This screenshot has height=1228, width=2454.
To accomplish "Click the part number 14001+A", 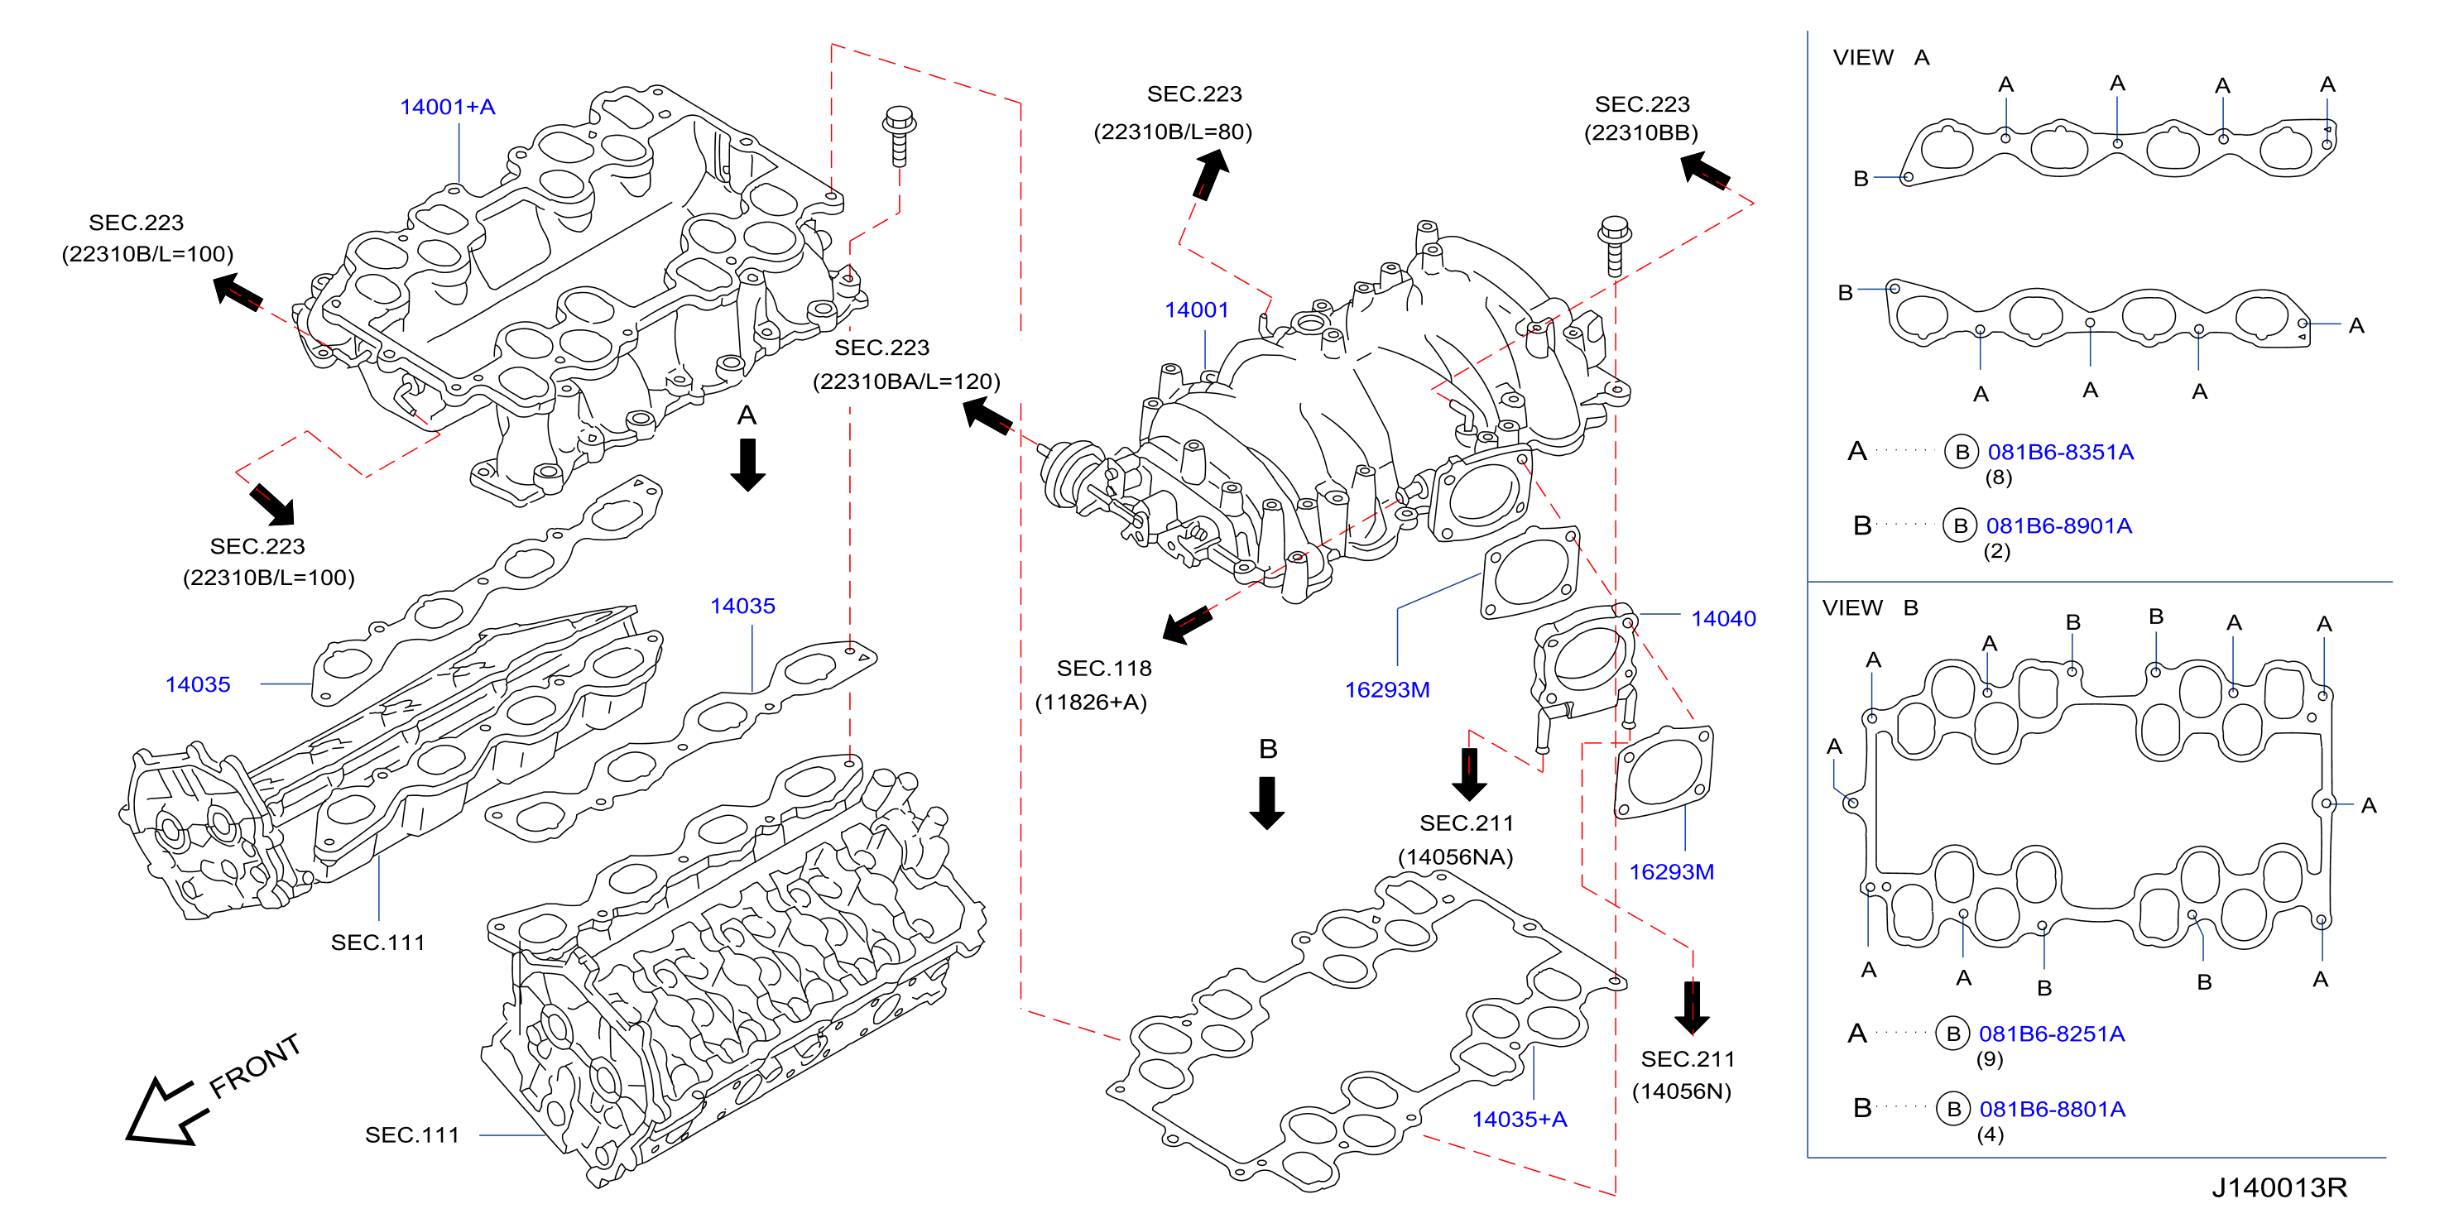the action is click(447, 107).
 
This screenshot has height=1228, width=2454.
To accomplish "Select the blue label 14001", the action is click(1197, 309).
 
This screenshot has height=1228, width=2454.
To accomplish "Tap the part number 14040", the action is click(1723, 618).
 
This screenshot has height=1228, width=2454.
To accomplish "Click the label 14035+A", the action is click(1520, 1120).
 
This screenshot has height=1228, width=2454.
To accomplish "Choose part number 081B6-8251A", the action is click(2052, 1034).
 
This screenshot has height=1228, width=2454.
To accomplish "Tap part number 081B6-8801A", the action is click(2052, 1109).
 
